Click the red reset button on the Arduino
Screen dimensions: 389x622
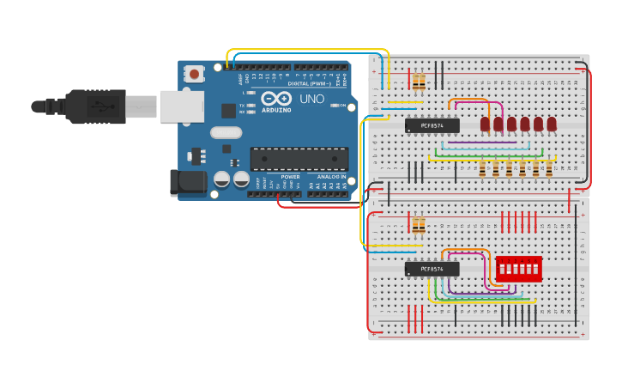pos(194,75)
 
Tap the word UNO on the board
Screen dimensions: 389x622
pos(311,99)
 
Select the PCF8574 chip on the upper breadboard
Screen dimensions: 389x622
pos(432,125)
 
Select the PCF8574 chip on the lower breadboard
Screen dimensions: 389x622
pos(432,269)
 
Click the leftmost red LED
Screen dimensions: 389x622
pos(485,125)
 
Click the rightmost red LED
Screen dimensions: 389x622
pos(552,125)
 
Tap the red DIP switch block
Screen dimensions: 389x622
pos(518,269)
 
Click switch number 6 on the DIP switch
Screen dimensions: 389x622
pos(535,269)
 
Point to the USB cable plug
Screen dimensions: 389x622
pos(94,106)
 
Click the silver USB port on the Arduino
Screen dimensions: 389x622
pos(181,106)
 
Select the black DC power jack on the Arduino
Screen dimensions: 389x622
pos(188,182)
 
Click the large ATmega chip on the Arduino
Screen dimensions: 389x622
pos(299,159)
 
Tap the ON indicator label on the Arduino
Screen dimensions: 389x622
pos(341,106)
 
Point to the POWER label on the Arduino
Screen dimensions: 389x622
pos(290,177)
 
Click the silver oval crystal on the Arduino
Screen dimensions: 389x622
pos(226,132)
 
